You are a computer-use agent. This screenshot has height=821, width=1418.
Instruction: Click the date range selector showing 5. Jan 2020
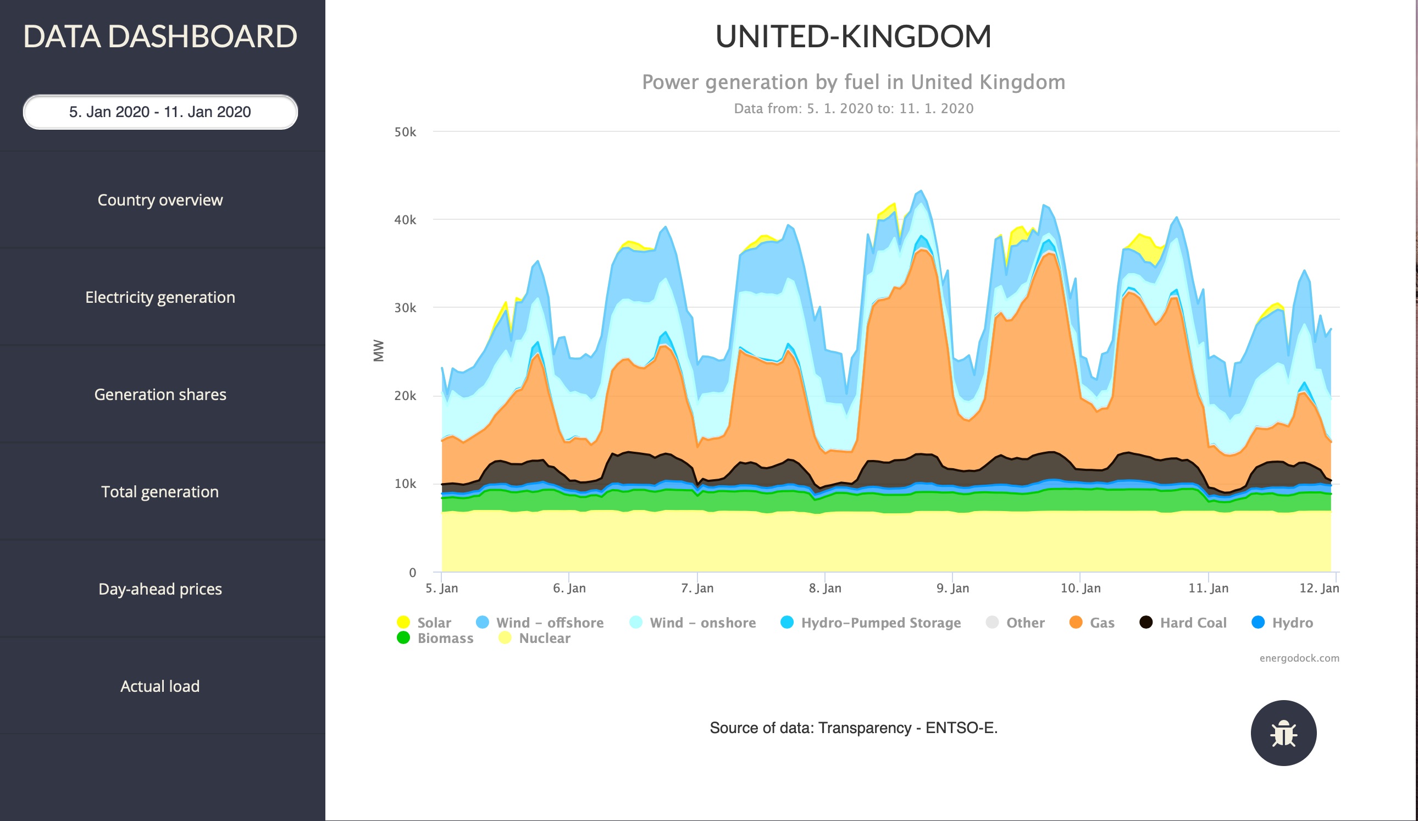tap(160, 112)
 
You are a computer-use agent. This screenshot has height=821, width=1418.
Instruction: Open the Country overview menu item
tap(160, 200)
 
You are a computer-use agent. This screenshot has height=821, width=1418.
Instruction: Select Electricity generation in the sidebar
tap(160, 297)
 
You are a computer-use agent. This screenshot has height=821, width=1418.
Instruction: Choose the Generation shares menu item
tap(160, 395)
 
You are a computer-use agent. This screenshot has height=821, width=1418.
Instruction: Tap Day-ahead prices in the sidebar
tap(160, 589)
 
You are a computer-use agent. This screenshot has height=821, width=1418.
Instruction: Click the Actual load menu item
tap(160, 686)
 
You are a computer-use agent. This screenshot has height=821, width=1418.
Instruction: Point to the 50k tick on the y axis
tap(405, 132)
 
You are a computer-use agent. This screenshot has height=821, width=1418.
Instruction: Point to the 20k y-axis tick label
tap(405, 396)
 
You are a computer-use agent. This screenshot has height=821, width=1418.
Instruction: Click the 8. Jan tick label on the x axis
tap(825, 588)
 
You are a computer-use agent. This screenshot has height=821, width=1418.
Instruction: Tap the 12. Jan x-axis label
tap(1319, 588)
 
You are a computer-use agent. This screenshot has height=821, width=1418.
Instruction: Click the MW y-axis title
tap(379, 351)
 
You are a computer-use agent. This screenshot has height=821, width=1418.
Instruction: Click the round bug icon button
tap(1283, 733)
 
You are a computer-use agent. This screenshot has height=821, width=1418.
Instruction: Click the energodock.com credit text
tap(1299, 658)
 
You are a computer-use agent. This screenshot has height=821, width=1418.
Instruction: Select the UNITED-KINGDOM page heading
tap(853, 37)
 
